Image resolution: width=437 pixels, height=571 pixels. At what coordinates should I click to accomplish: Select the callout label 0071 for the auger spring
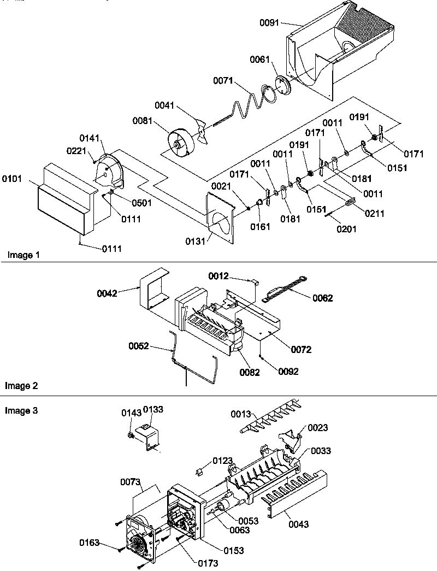point(223,81)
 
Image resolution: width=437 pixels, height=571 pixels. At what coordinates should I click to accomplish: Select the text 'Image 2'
point(21,386)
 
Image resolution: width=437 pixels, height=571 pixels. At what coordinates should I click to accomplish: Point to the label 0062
point(322,298)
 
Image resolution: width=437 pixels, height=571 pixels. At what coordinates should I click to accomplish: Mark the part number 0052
point(139,345)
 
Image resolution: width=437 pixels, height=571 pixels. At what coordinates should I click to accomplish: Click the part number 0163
point(90,543)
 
